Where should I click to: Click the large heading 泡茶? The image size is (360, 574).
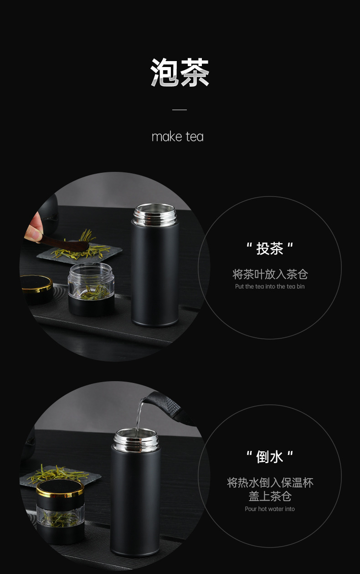tap(180, 72)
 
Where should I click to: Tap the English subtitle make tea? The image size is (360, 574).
tap(177, 136)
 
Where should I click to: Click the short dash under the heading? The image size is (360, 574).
tap(180, 110)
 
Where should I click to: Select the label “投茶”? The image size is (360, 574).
tap(270, 249)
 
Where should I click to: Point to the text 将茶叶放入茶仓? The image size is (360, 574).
tap(270, 274)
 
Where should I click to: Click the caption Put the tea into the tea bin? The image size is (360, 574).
tap(270, 286)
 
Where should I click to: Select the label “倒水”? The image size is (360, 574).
tap(270, 456)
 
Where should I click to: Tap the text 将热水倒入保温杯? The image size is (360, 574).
tap(270, 483)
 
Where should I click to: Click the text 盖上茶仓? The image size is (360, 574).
tap(270, 496)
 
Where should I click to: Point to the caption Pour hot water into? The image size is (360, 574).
tap(270, 509)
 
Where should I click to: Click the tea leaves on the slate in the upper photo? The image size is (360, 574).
tap(87, 247)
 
